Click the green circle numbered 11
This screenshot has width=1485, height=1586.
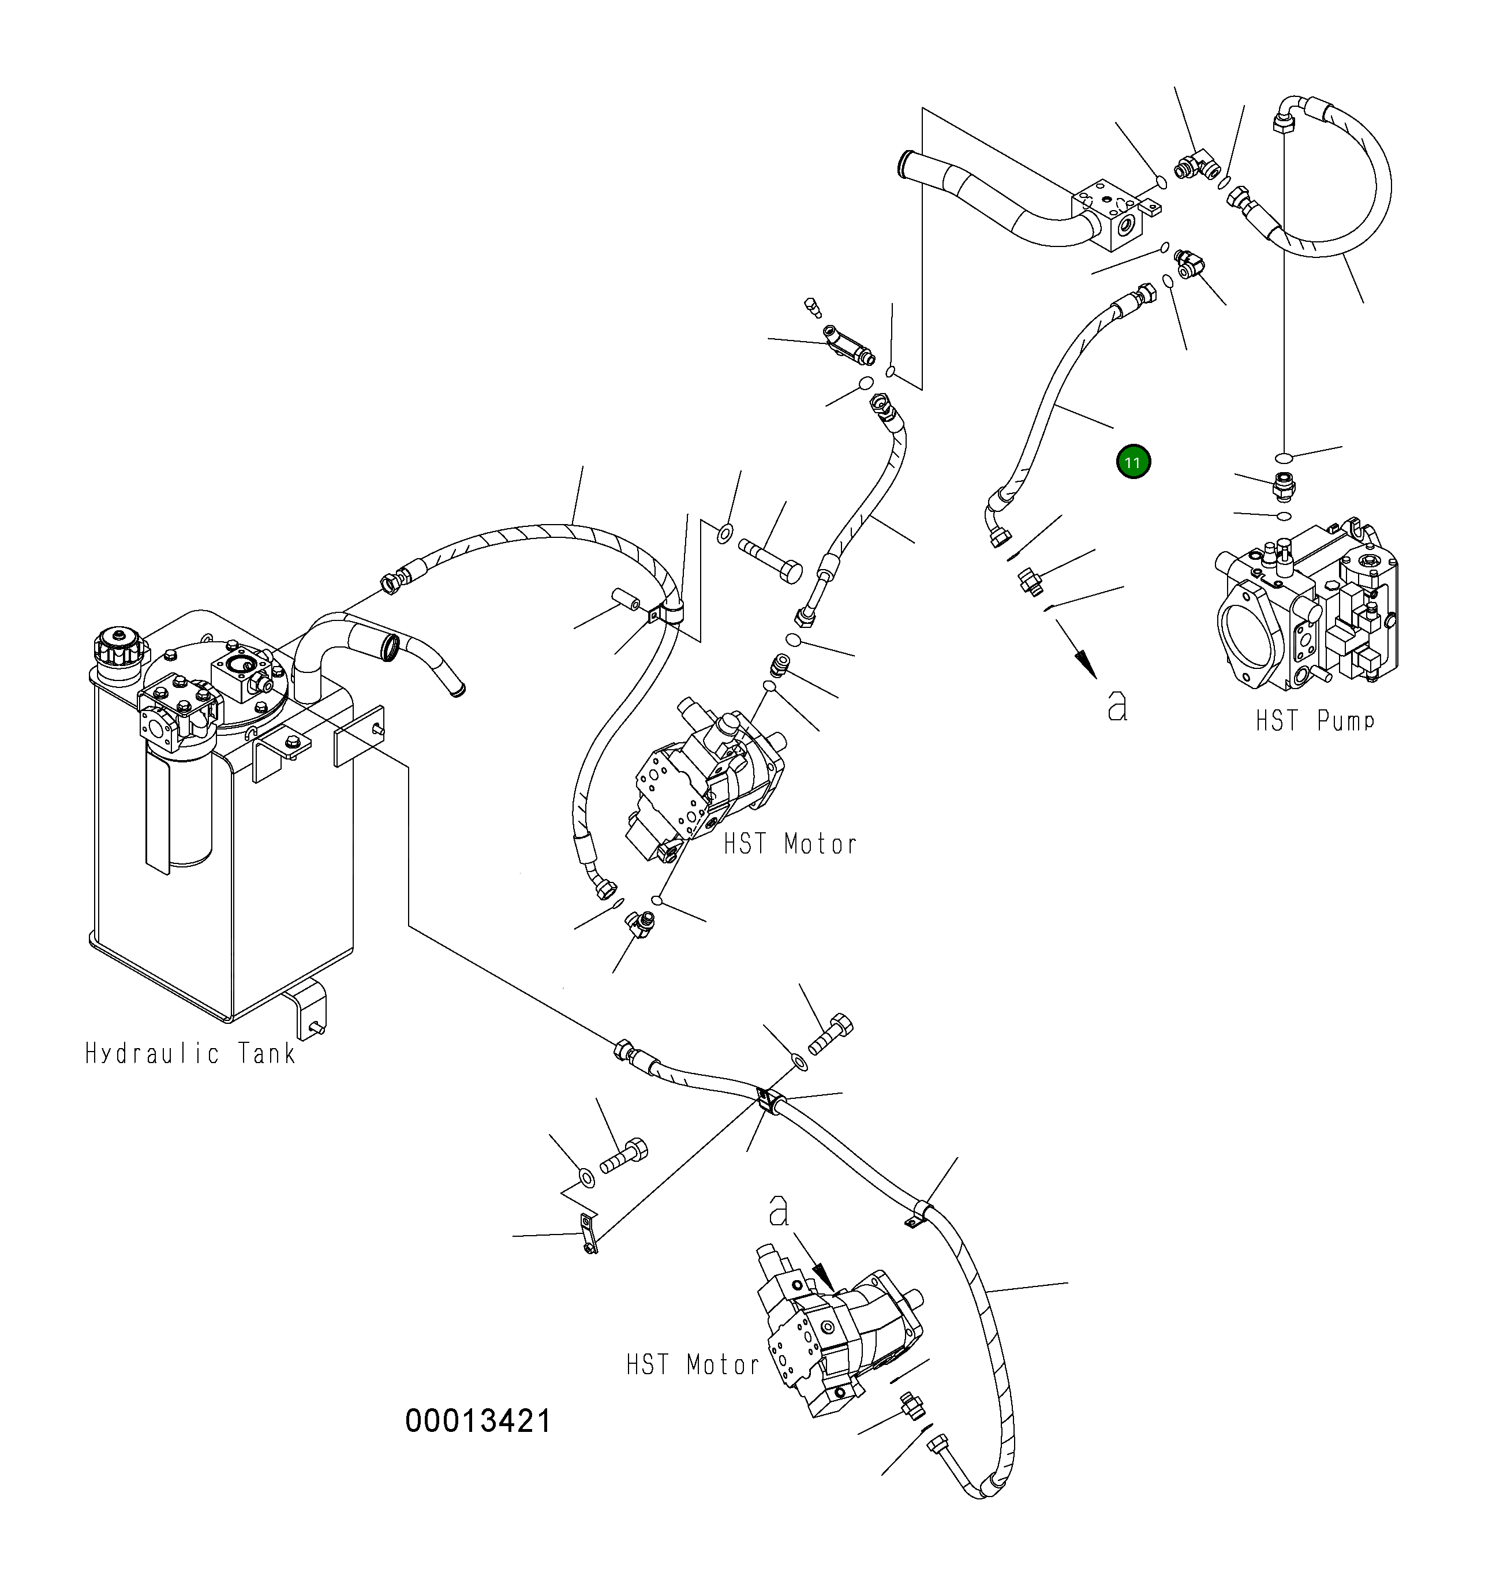click(1133, 462)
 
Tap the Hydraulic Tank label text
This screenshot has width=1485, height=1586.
click(190, 1054)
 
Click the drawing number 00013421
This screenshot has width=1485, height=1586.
click(478, 1421)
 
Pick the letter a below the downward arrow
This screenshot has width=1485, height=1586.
click(1117, 705)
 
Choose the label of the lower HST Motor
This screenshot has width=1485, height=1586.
click(692, 1364)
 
